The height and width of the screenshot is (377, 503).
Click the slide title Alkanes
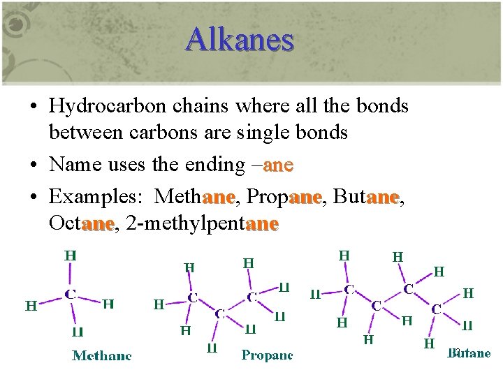tap(240, 39)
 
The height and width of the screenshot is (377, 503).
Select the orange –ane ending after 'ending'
tap(274, 165)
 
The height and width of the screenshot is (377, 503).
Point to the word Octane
tap(81, 223)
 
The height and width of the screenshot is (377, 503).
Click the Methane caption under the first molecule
tap(102, 355)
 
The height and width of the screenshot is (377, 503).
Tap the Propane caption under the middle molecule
tap(267, 355)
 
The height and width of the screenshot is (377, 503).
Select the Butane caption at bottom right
tap(469, 353)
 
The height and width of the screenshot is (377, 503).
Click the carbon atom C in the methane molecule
tap(71, 295)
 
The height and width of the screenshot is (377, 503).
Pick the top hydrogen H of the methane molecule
tap(71, 256)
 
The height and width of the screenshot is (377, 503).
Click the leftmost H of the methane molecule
tap(31, 305)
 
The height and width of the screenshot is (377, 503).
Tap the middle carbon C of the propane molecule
tap(219, 313)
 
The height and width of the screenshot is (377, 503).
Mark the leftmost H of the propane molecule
tap(159, 304)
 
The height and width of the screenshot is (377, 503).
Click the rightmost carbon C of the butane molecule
tap(435, 307)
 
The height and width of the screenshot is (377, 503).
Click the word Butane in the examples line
tap(365, 197)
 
